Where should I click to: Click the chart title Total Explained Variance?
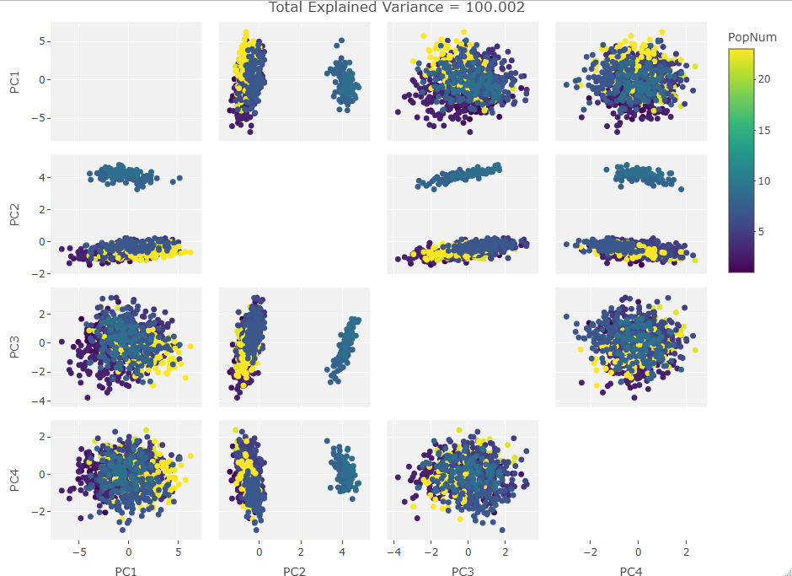pos(397,8)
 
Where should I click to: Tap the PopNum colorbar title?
pos(752,37)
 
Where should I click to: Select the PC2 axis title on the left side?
pos(14,214)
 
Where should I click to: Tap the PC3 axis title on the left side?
pos(14,347)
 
